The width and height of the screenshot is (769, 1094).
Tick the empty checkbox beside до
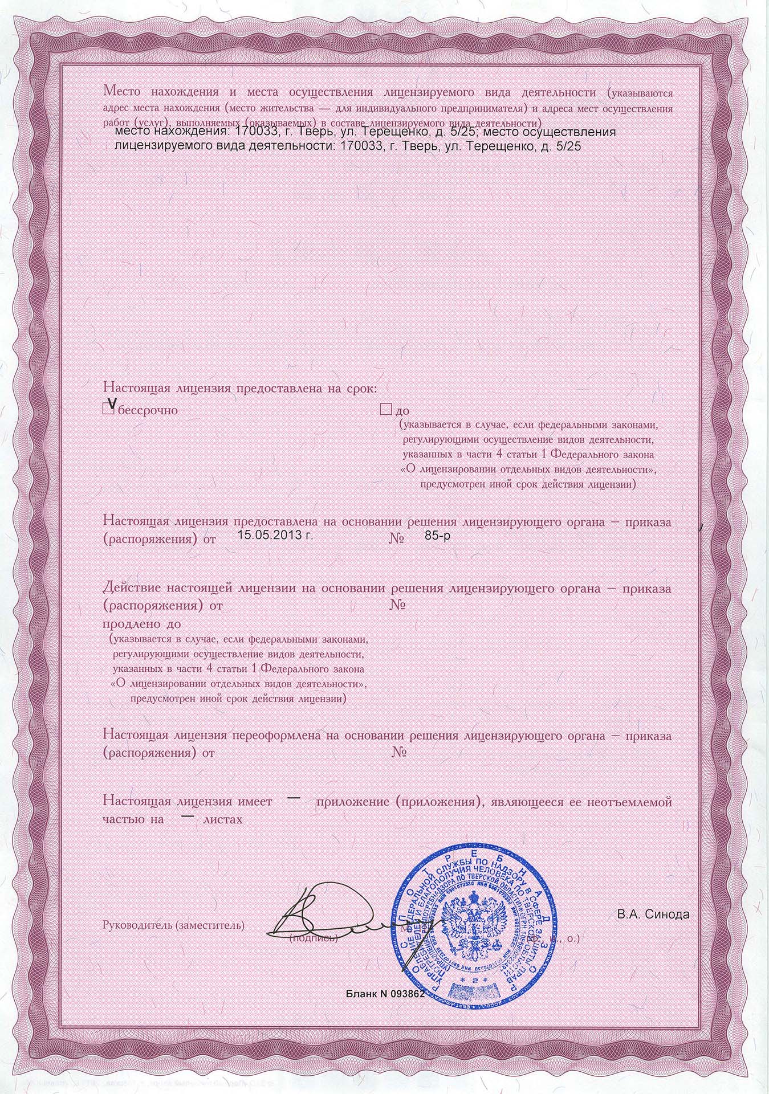pyautogui.click(x=385, y=409)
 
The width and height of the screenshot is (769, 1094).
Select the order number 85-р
pyautogui.click(x=438, y=536)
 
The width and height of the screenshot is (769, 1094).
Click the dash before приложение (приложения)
pyautogui.click(x=293, y=797)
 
